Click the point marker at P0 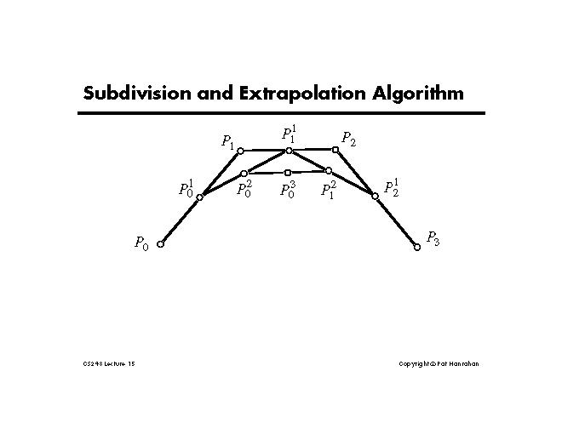pos(160,243)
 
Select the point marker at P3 pos(417,248)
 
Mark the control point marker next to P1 pos(240,151)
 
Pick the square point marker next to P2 pos(335,150)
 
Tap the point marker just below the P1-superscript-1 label pos(289,151)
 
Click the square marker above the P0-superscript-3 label pos(288,173)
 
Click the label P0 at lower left pos(141,243)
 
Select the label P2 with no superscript pos(348,139)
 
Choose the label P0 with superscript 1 pos(186,188)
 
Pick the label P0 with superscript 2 pos(244,189)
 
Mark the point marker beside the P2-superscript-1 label pos(375,196)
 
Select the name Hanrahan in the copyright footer pos(462,364)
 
